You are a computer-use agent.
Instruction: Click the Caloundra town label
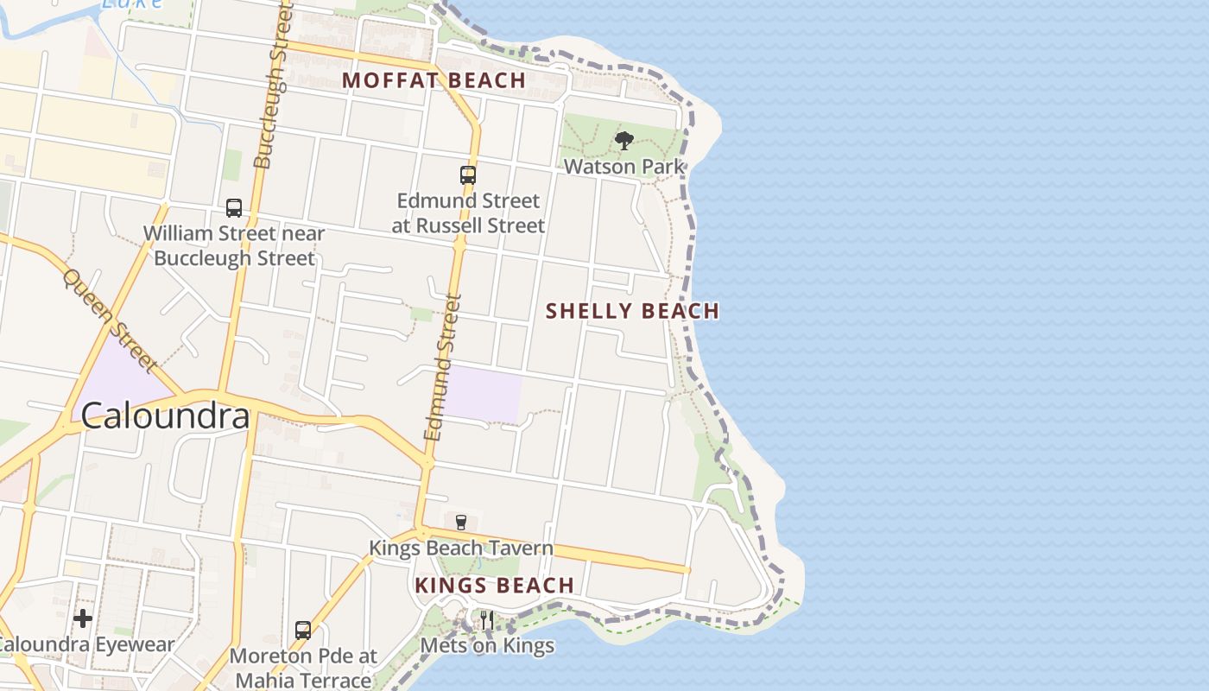(165, 416)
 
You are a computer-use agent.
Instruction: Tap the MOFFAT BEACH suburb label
(434, 80)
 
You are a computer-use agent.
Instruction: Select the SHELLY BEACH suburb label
(632, 311)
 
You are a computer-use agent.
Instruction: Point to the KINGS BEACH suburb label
(494, 586)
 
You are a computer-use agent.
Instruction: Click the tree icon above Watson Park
(623, 141)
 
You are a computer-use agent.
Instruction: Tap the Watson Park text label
(623, 166)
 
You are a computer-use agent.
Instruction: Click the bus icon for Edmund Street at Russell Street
(467, 175)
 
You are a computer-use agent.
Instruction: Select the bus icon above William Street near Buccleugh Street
(233, 208)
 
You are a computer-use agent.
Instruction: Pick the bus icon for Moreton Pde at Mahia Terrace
(302, 631)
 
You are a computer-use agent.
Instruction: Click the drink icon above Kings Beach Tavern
(460, 522)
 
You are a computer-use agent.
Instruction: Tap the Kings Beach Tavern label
(460, 548)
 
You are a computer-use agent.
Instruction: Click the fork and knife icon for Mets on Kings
(487, 619)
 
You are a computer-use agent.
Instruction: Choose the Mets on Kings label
(487, 645)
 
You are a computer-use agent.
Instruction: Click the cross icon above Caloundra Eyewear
(83, 618)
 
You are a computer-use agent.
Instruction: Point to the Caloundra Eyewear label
(86, 644)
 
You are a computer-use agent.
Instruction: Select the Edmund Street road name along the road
(442, 368)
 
